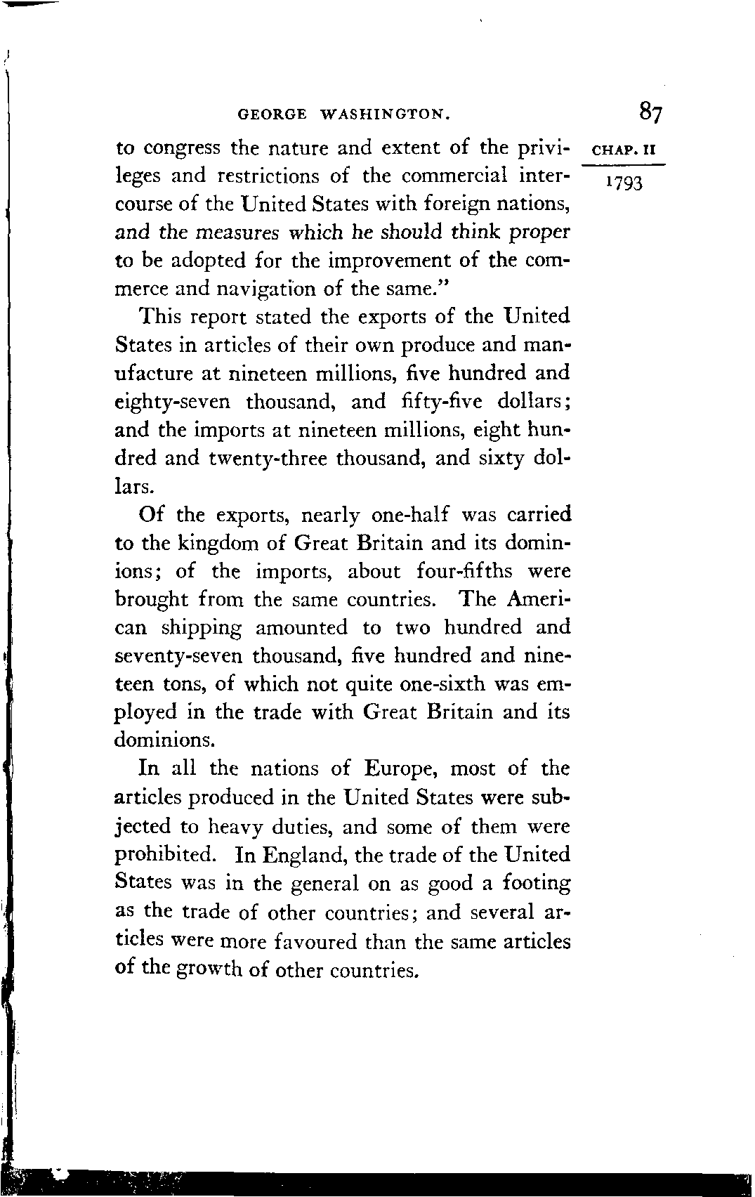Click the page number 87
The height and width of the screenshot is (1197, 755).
(651, 112)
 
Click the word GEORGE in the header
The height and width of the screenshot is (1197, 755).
(273, 113)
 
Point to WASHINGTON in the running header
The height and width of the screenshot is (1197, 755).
(383, 113)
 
